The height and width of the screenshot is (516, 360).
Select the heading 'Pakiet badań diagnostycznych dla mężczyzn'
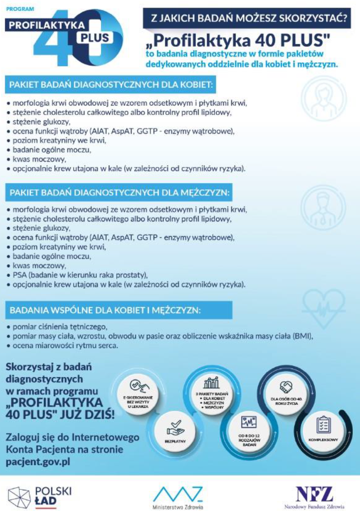(x=119, y=193)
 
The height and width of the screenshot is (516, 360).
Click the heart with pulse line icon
(x=324, y=305)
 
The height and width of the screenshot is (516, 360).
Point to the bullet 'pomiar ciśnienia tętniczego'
(x=61, y=326)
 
